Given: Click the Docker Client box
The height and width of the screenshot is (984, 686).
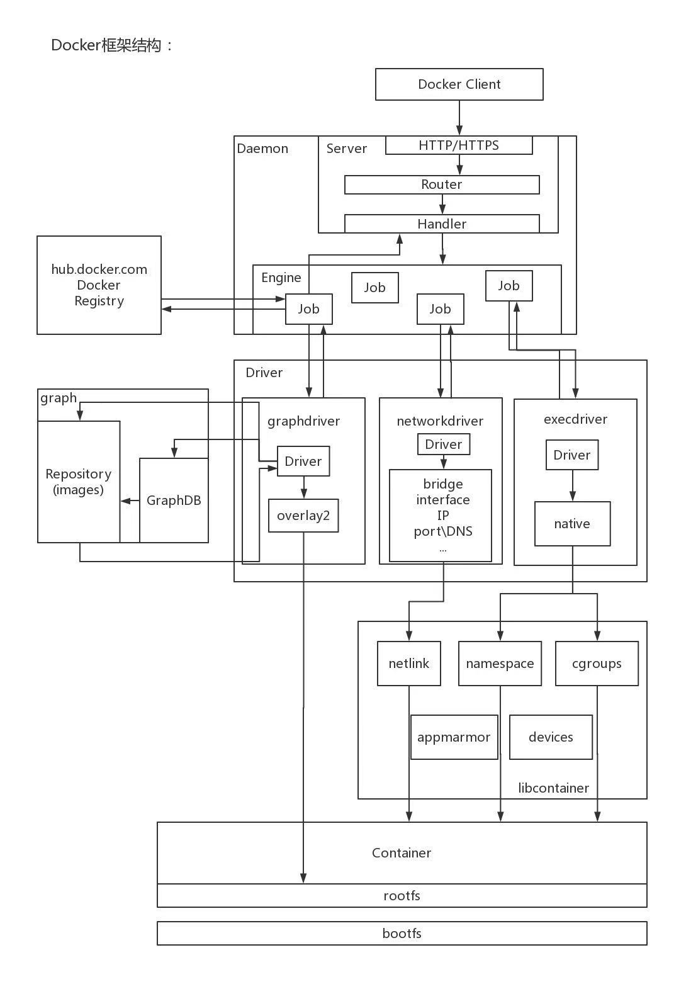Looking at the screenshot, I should pos(459,84).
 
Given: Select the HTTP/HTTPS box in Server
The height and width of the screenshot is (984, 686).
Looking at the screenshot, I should pos(459,145).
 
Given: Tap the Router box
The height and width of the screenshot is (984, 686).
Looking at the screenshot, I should pos(442,184).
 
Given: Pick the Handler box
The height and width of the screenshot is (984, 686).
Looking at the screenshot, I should pos(442,223).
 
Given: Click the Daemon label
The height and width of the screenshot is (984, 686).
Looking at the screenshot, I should pos(262,149).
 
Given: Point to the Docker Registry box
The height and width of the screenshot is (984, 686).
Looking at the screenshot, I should pos(99,285).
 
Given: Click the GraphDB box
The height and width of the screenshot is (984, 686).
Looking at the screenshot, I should pos(174,500).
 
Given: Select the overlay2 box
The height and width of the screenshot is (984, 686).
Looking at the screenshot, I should pos(303,516).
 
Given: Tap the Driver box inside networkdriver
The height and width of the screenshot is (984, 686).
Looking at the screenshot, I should pos(444,444).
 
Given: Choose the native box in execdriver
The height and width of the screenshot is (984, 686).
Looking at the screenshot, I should pos(572,524).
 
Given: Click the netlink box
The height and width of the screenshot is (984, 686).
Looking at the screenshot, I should pos(408,664).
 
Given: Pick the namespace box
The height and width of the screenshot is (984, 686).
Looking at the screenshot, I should pos(500,664).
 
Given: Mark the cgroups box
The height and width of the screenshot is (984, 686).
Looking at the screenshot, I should pos(597,664).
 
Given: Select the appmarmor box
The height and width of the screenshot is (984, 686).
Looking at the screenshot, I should pos(454,737).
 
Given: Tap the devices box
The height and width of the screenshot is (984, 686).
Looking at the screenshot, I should pos(551,737).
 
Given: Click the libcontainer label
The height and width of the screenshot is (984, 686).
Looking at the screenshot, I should pos(553,788).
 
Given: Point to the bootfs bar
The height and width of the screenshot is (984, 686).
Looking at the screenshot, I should pos(402,933).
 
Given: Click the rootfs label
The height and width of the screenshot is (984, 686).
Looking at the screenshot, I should pos(402,895).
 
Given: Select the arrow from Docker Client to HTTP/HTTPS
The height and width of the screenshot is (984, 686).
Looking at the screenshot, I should pos(459,118).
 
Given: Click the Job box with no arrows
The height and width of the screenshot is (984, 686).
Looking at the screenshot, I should pos(374,288).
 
